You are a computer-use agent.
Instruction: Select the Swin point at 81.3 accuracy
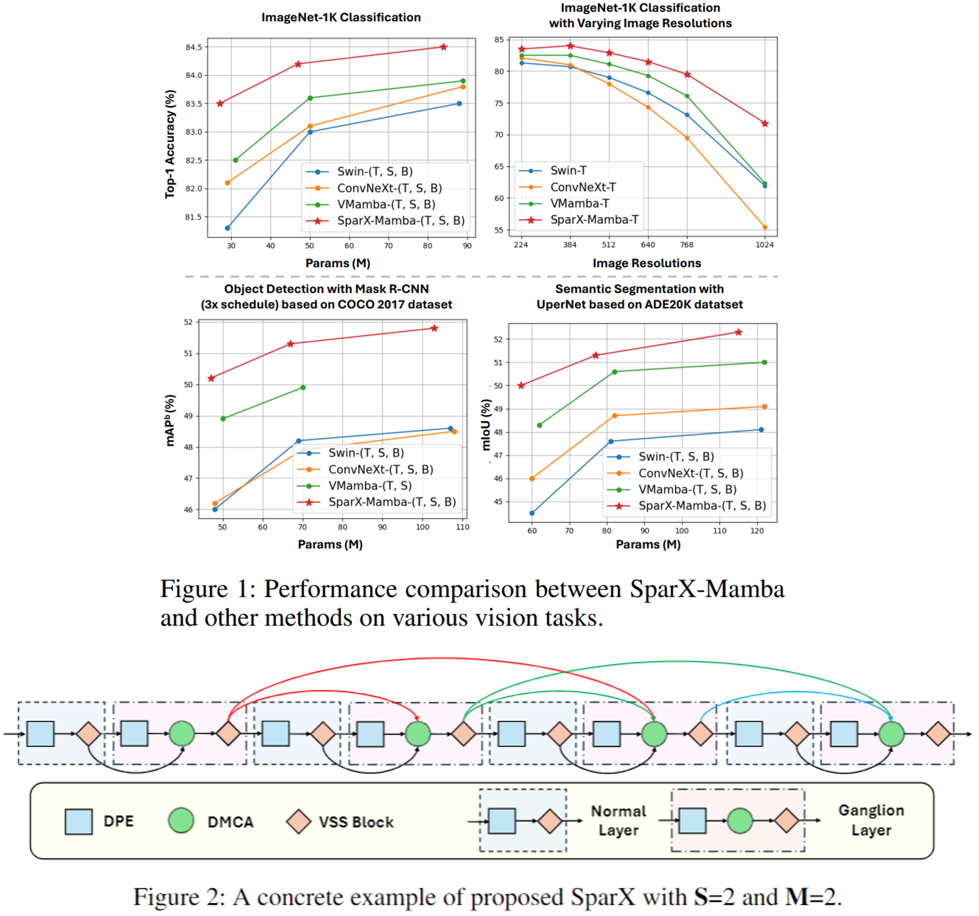227,228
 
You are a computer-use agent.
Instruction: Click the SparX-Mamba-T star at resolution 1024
765,124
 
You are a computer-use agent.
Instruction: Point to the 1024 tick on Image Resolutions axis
765,245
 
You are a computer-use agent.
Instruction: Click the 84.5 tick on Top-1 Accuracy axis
194,47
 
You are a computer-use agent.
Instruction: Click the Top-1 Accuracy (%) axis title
170,144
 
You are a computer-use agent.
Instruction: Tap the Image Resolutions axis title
647,263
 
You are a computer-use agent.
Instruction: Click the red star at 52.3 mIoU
738,332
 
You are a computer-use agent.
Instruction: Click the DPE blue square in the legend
79,821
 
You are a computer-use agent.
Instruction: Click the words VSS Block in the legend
356,822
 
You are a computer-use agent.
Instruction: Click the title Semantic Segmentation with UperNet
640,296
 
